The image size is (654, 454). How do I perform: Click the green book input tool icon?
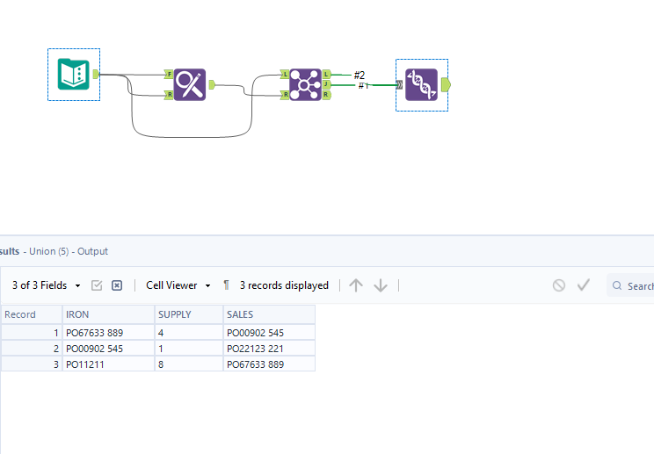pos(73,74)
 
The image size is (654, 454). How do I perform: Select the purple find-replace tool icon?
pos(189,84)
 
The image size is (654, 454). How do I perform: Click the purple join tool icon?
pos(305,84)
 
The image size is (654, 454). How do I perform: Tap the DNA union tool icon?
pos(421,84)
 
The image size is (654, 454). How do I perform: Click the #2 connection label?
pos(359,75)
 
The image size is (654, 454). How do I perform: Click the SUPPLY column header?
pos(174,314)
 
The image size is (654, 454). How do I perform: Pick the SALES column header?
pos(240,314)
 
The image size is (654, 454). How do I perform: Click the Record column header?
pos(20,314)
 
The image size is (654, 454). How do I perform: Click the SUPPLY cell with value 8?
pos(161,364)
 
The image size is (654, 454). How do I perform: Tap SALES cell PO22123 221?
pos(255,349)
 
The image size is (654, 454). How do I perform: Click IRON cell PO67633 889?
pos(94,333)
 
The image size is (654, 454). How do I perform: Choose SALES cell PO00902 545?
pos(255,333)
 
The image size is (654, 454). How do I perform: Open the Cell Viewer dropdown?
pos(178,285)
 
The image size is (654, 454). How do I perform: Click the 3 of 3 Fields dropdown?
pos(47,285)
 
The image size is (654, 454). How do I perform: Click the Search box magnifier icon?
pos(617,285)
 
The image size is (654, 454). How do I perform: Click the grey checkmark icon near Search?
pos(583,285)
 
